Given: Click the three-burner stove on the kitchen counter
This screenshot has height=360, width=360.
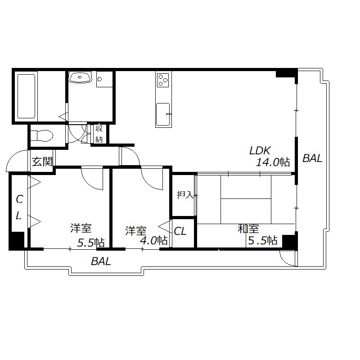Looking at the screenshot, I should [x=163, y=81].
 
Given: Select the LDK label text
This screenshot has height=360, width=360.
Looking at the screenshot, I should [x=261, y=150].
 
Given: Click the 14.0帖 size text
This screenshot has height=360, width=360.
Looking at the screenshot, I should [x=272, y=162].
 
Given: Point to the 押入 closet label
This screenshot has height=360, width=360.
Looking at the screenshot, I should [x=184, y=195].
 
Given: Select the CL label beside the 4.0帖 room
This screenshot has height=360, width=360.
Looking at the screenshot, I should [x=180, y=232].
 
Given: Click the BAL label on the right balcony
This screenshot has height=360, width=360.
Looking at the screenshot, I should [x=312, y=158].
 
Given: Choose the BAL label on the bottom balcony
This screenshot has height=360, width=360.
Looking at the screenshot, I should [x=101, y=261].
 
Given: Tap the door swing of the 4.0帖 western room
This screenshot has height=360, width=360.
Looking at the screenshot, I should [x=152, y=179].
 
